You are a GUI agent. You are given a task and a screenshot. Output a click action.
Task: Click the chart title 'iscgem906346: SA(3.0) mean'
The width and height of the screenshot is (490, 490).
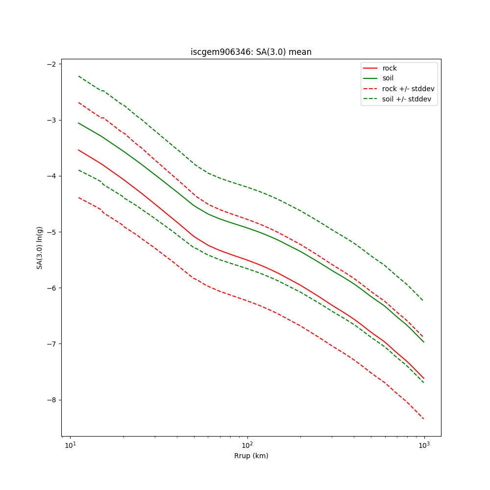point(251,52)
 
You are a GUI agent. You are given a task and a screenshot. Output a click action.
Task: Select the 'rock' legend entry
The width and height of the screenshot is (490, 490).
point(390,68)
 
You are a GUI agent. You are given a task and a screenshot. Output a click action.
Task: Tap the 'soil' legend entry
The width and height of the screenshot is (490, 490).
point(388,78)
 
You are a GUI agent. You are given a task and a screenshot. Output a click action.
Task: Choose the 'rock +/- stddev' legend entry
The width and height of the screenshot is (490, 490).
point(408,89)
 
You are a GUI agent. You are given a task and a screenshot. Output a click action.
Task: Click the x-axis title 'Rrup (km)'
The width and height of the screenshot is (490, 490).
point(251,456)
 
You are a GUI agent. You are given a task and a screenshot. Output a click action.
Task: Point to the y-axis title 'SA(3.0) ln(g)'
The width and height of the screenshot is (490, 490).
point(39,242)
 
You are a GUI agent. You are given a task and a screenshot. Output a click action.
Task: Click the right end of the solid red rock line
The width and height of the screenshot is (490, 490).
point(424,378)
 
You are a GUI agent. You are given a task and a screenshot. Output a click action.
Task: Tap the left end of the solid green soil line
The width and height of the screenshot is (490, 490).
point(78,123)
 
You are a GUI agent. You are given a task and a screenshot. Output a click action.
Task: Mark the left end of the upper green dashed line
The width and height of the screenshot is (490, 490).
point(78,76)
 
